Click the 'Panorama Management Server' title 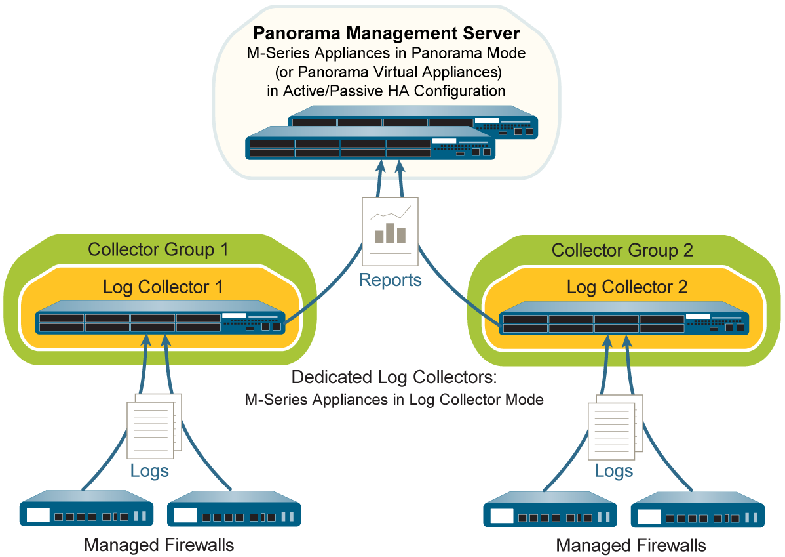tap(386, 33)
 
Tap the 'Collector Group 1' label tap(158, 249)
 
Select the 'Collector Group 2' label tap(622, 250)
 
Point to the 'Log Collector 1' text tap(163, 287)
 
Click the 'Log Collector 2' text tap(627, 287)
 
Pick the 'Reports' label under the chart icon tap(391, 280)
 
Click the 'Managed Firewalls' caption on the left tap(159, 545)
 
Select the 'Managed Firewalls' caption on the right tap(631, 545)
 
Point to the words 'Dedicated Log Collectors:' tap(394, 378)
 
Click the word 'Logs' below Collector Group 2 tap(614, 471)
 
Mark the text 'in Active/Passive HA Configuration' tap(386, 91)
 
